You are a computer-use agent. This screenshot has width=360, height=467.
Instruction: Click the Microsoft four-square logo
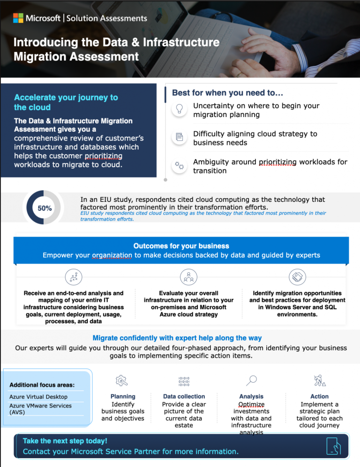pos(18,18)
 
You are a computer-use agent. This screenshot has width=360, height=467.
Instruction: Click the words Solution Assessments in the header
pos(107,18)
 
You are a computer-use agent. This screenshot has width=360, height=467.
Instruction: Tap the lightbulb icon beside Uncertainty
pos(179,109)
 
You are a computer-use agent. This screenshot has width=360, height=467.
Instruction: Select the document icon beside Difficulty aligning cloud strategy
pos(179,137)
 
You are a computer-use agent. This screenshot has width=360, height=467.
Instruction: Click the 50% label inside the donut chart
pos(45,208)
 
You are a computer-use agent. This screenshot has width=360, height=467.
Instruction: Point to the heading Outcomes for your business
pos(181,246)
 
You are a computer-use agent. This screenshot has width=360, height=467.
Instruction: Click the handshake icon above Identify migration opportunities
pos(297,276)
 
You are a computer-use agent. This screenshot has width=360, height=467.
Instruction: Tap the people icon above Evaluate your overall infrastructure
pos(188,276)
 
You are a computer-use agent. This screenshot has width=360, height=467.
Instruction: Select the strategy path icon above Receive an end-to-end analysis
pos(74,276)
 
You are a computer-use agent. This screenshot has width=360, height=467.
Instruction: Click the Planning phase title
pos(123,396)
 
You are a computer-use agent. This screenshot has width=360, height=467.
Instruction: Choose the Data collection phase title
pos(184,396)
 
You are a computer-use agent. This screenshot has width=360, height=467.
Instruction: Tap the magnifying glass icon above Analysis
pos(251,380)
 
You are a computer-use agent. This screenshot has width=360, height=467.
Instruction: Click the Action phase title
pos(319,396)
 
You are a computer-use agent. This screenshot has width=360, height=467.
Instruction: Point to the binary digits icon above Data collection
pos(184,381)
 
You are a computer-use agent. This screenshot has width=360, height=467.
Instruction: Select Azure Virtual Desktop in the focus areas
pos(38,397)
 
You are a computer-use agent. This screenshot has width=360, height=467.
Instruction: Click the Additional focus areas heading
pos(42,385)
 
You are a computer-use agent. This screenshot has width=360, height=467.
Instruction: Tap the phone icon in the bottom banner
pos(333,446)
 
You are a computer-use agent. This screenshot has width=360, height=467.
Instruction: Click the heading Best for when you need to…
pos(227,93)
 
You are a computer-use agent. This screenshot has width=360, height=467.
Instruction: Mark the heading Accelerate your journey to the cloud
pos(66,102)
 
